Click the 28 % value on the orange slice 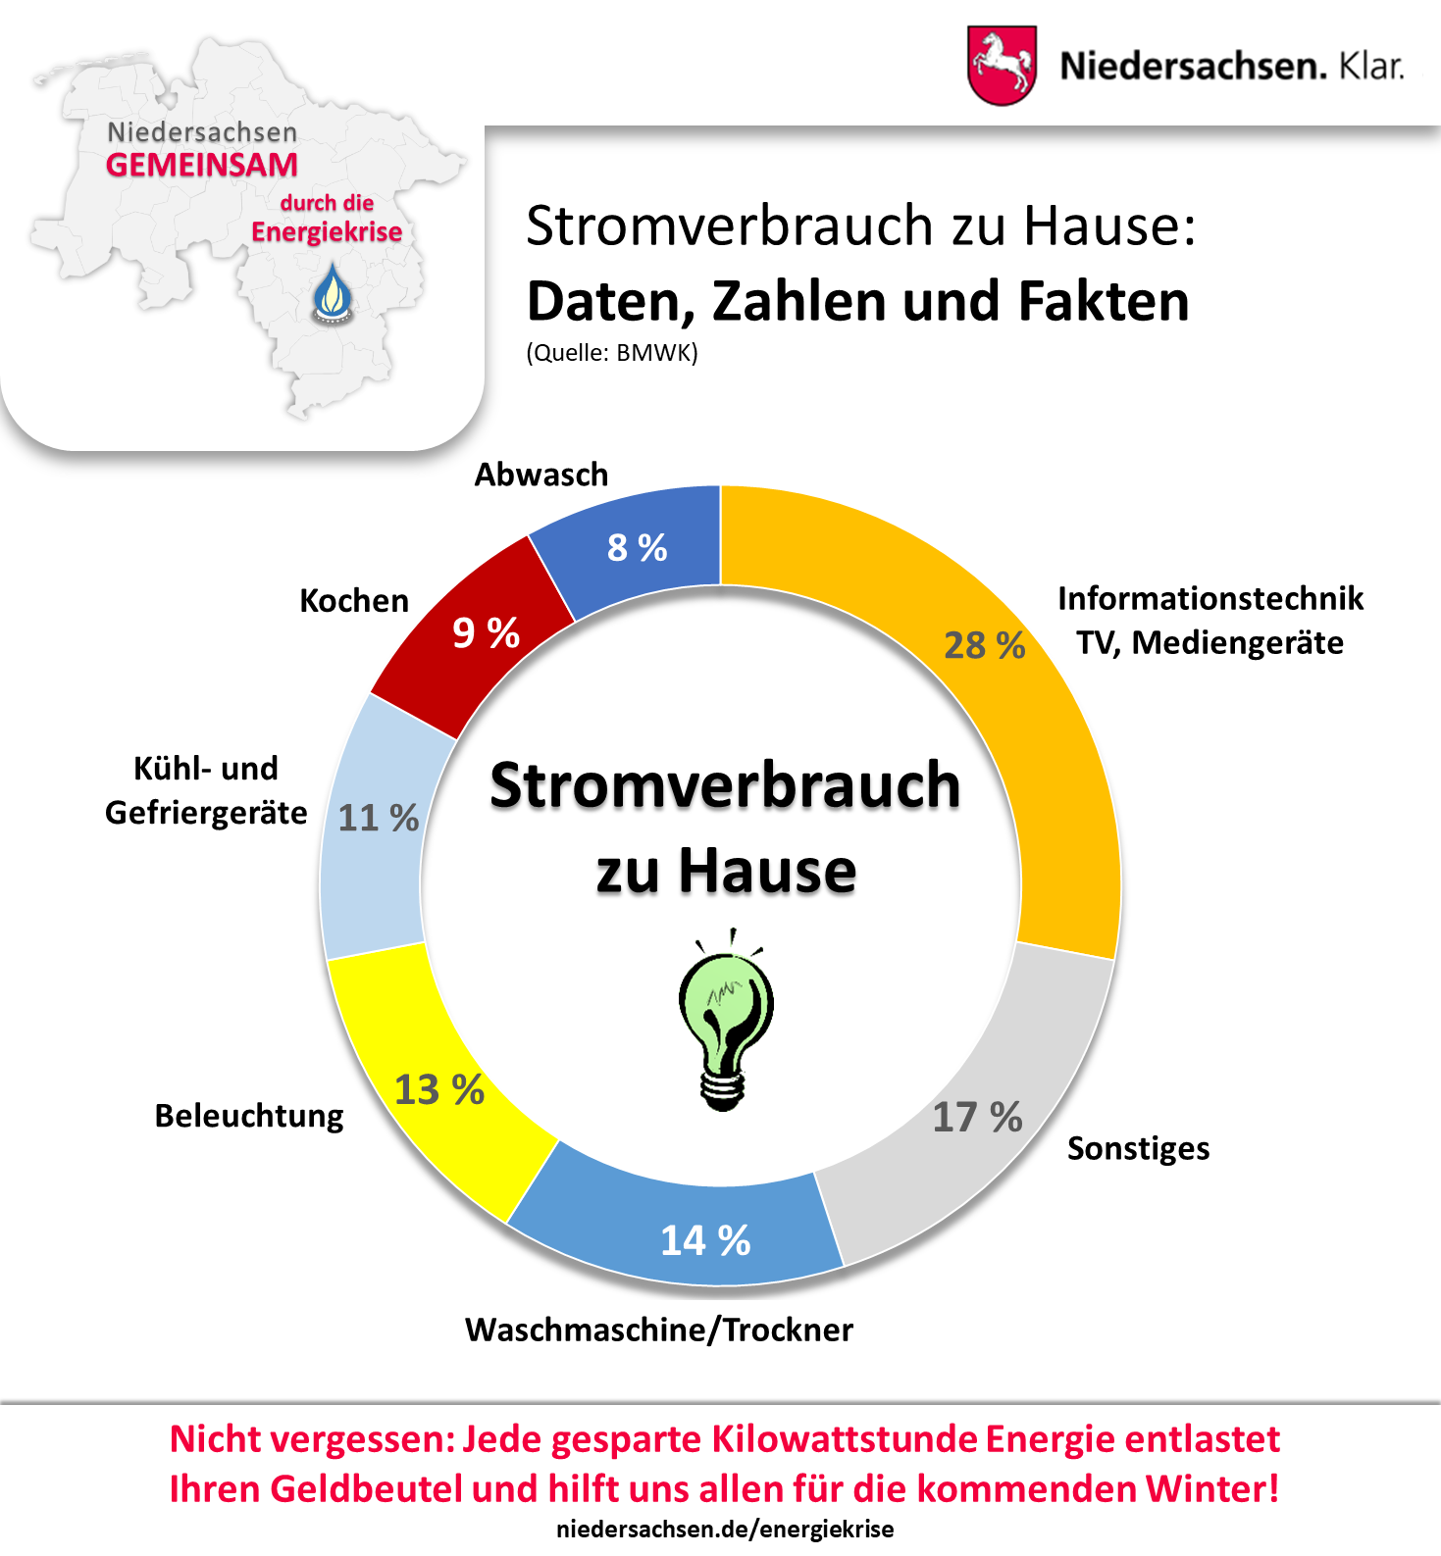[984, 645]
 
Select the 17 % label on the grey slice [977, 1117]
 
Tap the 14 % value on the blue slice [705, 1240]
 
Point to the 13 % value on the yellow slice [438, 1089]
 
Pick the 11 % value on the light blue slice [378, 818]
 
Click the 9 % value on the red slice [486, 632]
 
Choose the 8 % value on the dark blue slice [637, 547]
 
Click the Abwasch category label [541, 475]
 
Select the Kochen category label [354, 600]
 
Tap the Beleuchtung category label [249, 1116]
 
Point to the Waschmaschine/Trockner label [659, 1330]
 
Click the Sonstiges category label [1138, 1148]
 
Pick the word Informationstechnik [1210, 598]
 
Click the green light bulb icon [726, 1020]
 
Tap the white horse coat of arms [1002, 65]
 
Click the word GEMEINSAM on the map [202, 165]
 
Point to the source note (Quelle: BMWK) [612, 353]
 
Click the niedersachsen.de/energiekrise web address [725, 1530]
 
